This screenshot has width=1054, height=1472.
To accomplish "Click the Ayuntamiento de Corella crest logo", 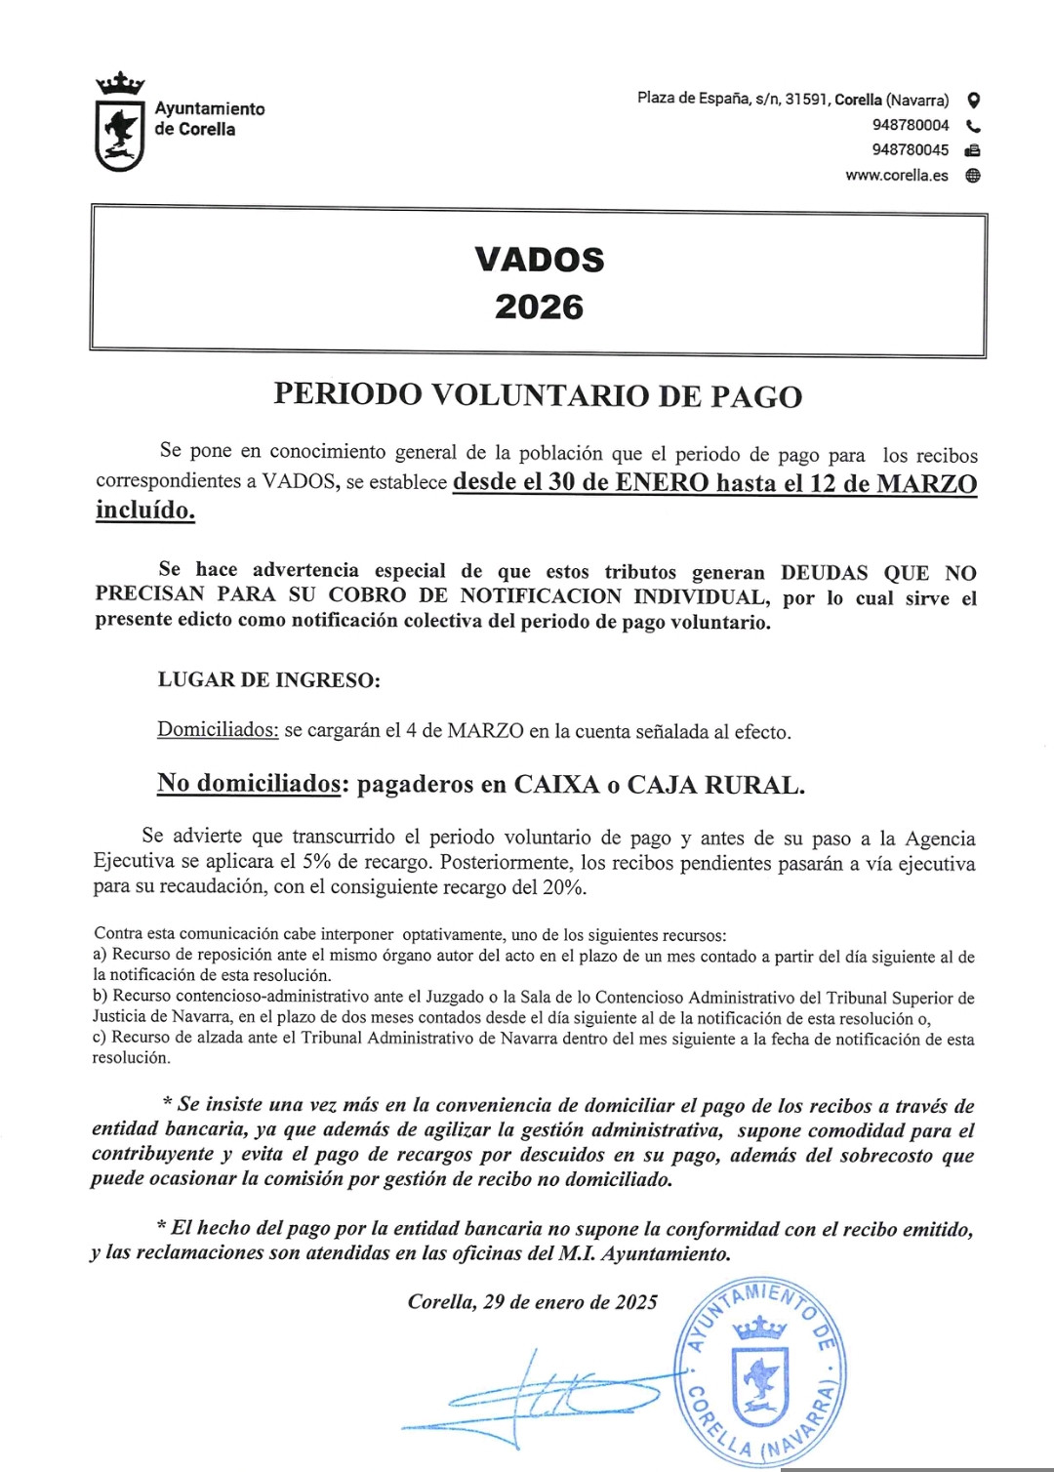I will point(120,124).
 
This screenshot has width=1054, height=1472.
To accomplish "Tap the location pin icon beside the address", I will point(973,100).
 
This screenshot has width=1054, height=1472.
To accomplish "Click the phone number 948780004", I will point(910,125).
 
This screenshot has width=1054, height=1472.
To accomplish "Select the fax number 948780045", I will point(910,150).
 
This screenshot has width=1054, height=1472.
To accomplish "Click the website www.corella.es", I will point(896,176).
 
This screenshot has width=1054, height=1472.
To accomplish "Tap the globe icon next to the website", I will point(973,176).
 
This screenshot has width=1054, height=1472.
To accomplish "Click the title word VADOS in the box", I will point(539,260).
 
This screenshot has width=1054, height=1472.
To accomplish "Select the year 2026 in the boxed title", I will point(539,307).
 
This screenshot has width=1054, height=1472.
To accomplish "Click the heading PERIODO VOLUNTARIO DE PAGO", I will point(538,395).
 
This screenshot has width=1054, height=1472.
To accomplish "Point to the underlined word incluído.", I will point(144,510).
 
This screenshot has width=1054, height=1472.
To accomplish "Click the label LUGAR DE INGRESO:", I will point(268,680).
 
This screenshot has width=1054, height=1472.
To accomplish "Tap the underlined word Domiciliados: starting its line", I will point(218,730).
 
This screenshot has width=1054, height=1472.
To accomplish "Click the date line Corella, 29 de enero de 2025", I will point(533,1302).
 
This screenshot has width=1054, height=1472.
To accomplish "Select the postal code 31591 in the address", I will point(806,100).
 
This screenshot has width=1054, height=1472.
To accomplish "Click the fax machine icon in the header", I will point(972,150).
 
